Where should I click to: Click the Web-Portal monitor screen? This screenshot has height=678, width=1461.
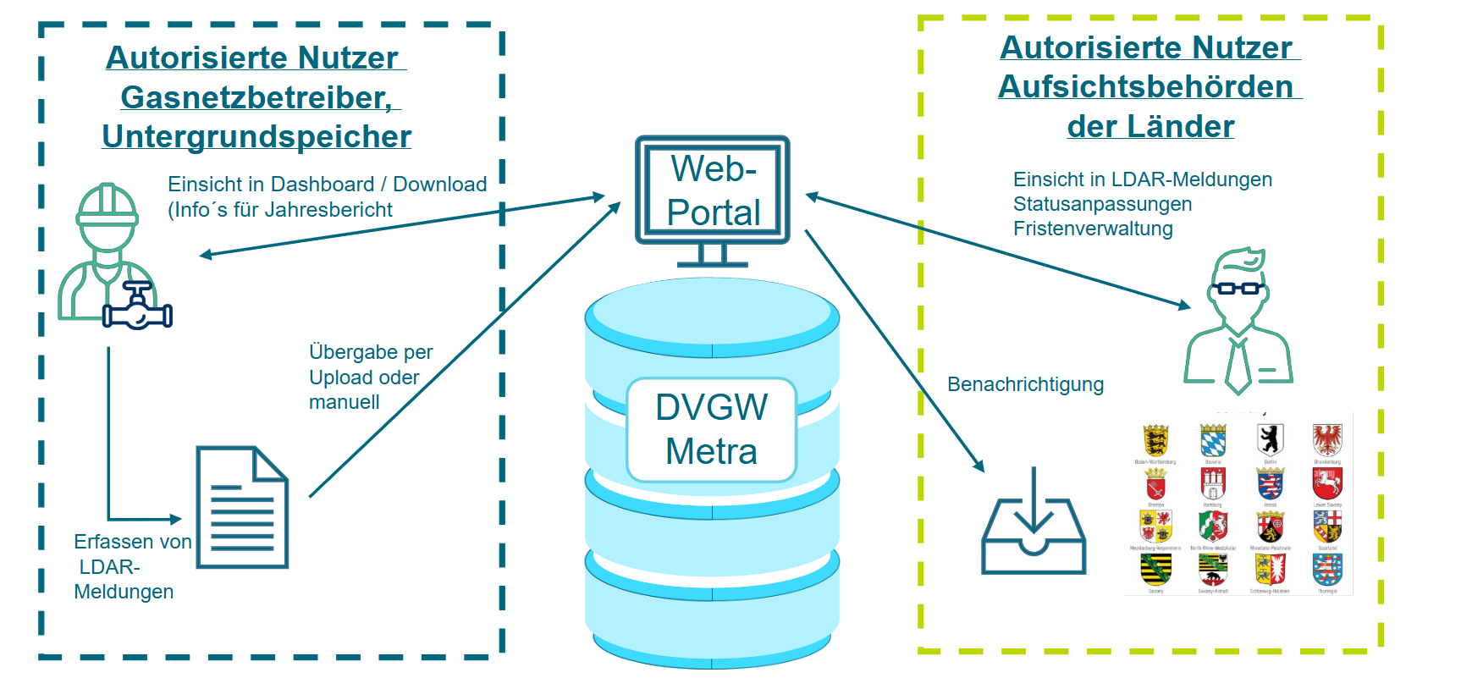click(x=713, y=190)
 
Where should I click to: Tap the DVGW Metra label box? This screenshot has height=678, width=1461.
click(x=711, y=430)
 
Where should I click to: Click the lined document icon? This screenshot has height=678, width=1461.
click(x=242, y=507)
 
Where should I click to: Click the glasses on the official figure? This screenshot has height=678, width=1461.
click(x=1238, y=288)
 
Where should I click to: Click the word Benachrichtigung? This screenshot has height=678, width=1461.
click(x=1025, y=384)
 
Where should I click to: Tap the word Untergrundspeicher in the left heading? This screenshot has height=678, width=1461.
click(x=256, y=136)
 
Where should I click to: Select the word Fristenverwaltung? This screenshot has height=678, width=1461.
click(x=1093, y=229)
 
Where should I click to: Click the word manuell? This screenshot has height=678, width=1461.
click(x=344, y=402)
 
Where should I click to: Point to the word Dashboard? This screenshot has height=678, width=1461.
click(x=323, y=185)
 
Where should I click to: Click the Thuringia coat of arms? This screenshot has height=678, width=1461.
click(x=1327, y=570)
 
